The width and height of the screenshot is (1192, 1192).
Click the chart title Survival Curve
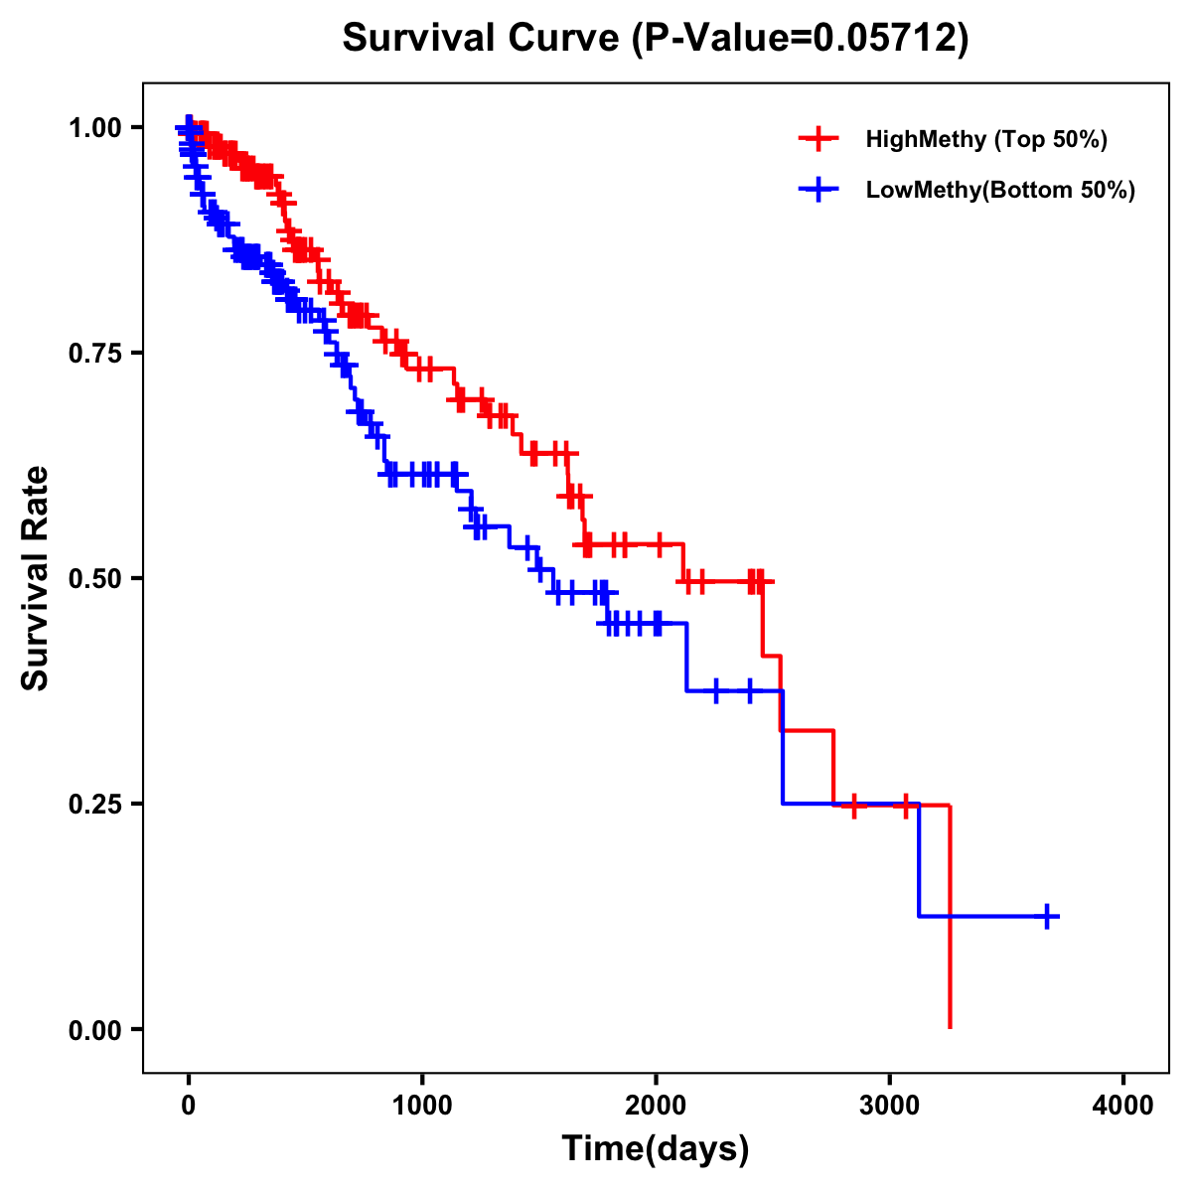click(x=484, y=38)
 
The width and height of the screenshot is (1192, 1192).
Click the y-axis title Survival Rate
click(x=36, y=578)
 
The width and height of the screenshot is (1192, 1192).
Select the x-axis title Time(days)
click(x=656, y=1149)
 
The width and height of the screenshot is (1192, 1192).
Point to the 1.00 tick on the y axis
click(x=94, y=128)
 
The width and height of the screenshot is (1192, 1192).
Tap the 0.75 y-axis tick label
click(x=94, y=354)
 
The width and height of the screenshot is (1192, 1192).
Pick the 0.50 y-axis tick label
click(x=94, y=579)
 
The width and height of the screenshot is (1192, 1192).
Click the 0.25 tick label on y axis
click(x=94, y=805)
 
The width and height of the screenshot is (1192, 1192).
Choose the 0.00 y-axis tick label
click(x=94, y=1030)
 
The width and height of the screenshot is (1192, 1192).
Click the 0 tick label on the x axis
click(x=189, y=1105)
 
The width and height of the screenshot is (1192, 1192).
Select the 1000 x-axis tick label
click(x=422, y=1105)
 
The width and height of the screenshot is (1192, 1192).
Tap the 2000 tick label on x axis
click(x=656, y=1105)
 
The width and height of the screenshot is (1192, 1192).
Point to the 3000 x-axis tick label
click(x=890, y=1105)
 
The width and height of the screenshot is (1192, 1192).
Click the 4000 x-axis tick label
click(x=1123, y=1105)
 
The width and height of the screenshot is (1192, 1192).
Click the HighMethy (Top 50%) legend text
click(x=986, y=139)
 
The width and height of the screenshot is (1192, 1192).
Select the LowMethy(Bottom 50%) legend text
click(x=1000, y=191)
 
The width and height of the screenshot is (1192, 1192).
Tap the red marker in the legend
click(x=819, y=139)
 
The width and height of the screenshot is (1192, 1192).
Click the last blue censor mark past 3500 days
click(x=1047, y=916)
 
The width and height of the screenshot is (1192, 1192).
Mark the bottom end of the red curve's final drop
click(x=951, y=1027)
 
